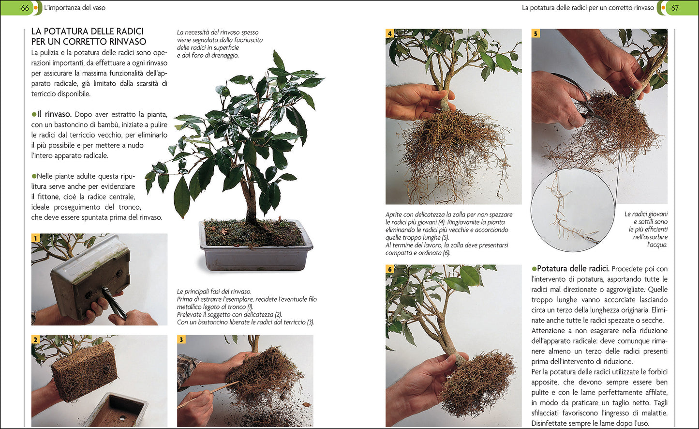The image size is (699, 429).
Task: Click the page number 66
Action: tap(25, 8)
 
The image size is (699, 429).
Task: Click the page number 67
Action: tap(675, 8)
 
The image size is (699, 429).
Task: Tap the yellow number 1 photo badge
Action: tap(35, 238)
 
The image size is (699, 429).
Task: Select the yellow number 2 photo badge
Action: tap(35, 339)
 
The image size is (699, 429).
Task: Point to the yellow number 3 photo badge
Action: tap(181, 339)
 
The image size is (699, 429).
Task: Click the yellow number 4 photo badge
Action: tap(390, 33)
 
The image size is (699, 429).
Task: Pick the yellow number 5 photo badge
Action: tap(535, 33)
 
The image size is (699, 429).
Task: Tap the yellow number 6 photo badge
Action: tap(390, 269)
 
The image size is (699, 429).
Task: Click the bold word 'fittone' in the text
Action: tap(48, 197)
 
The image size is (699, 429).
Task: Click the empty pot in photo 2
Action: tap(116, 411)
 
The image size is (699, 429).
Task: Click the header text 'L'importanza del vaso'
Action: tap(74, 8)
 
